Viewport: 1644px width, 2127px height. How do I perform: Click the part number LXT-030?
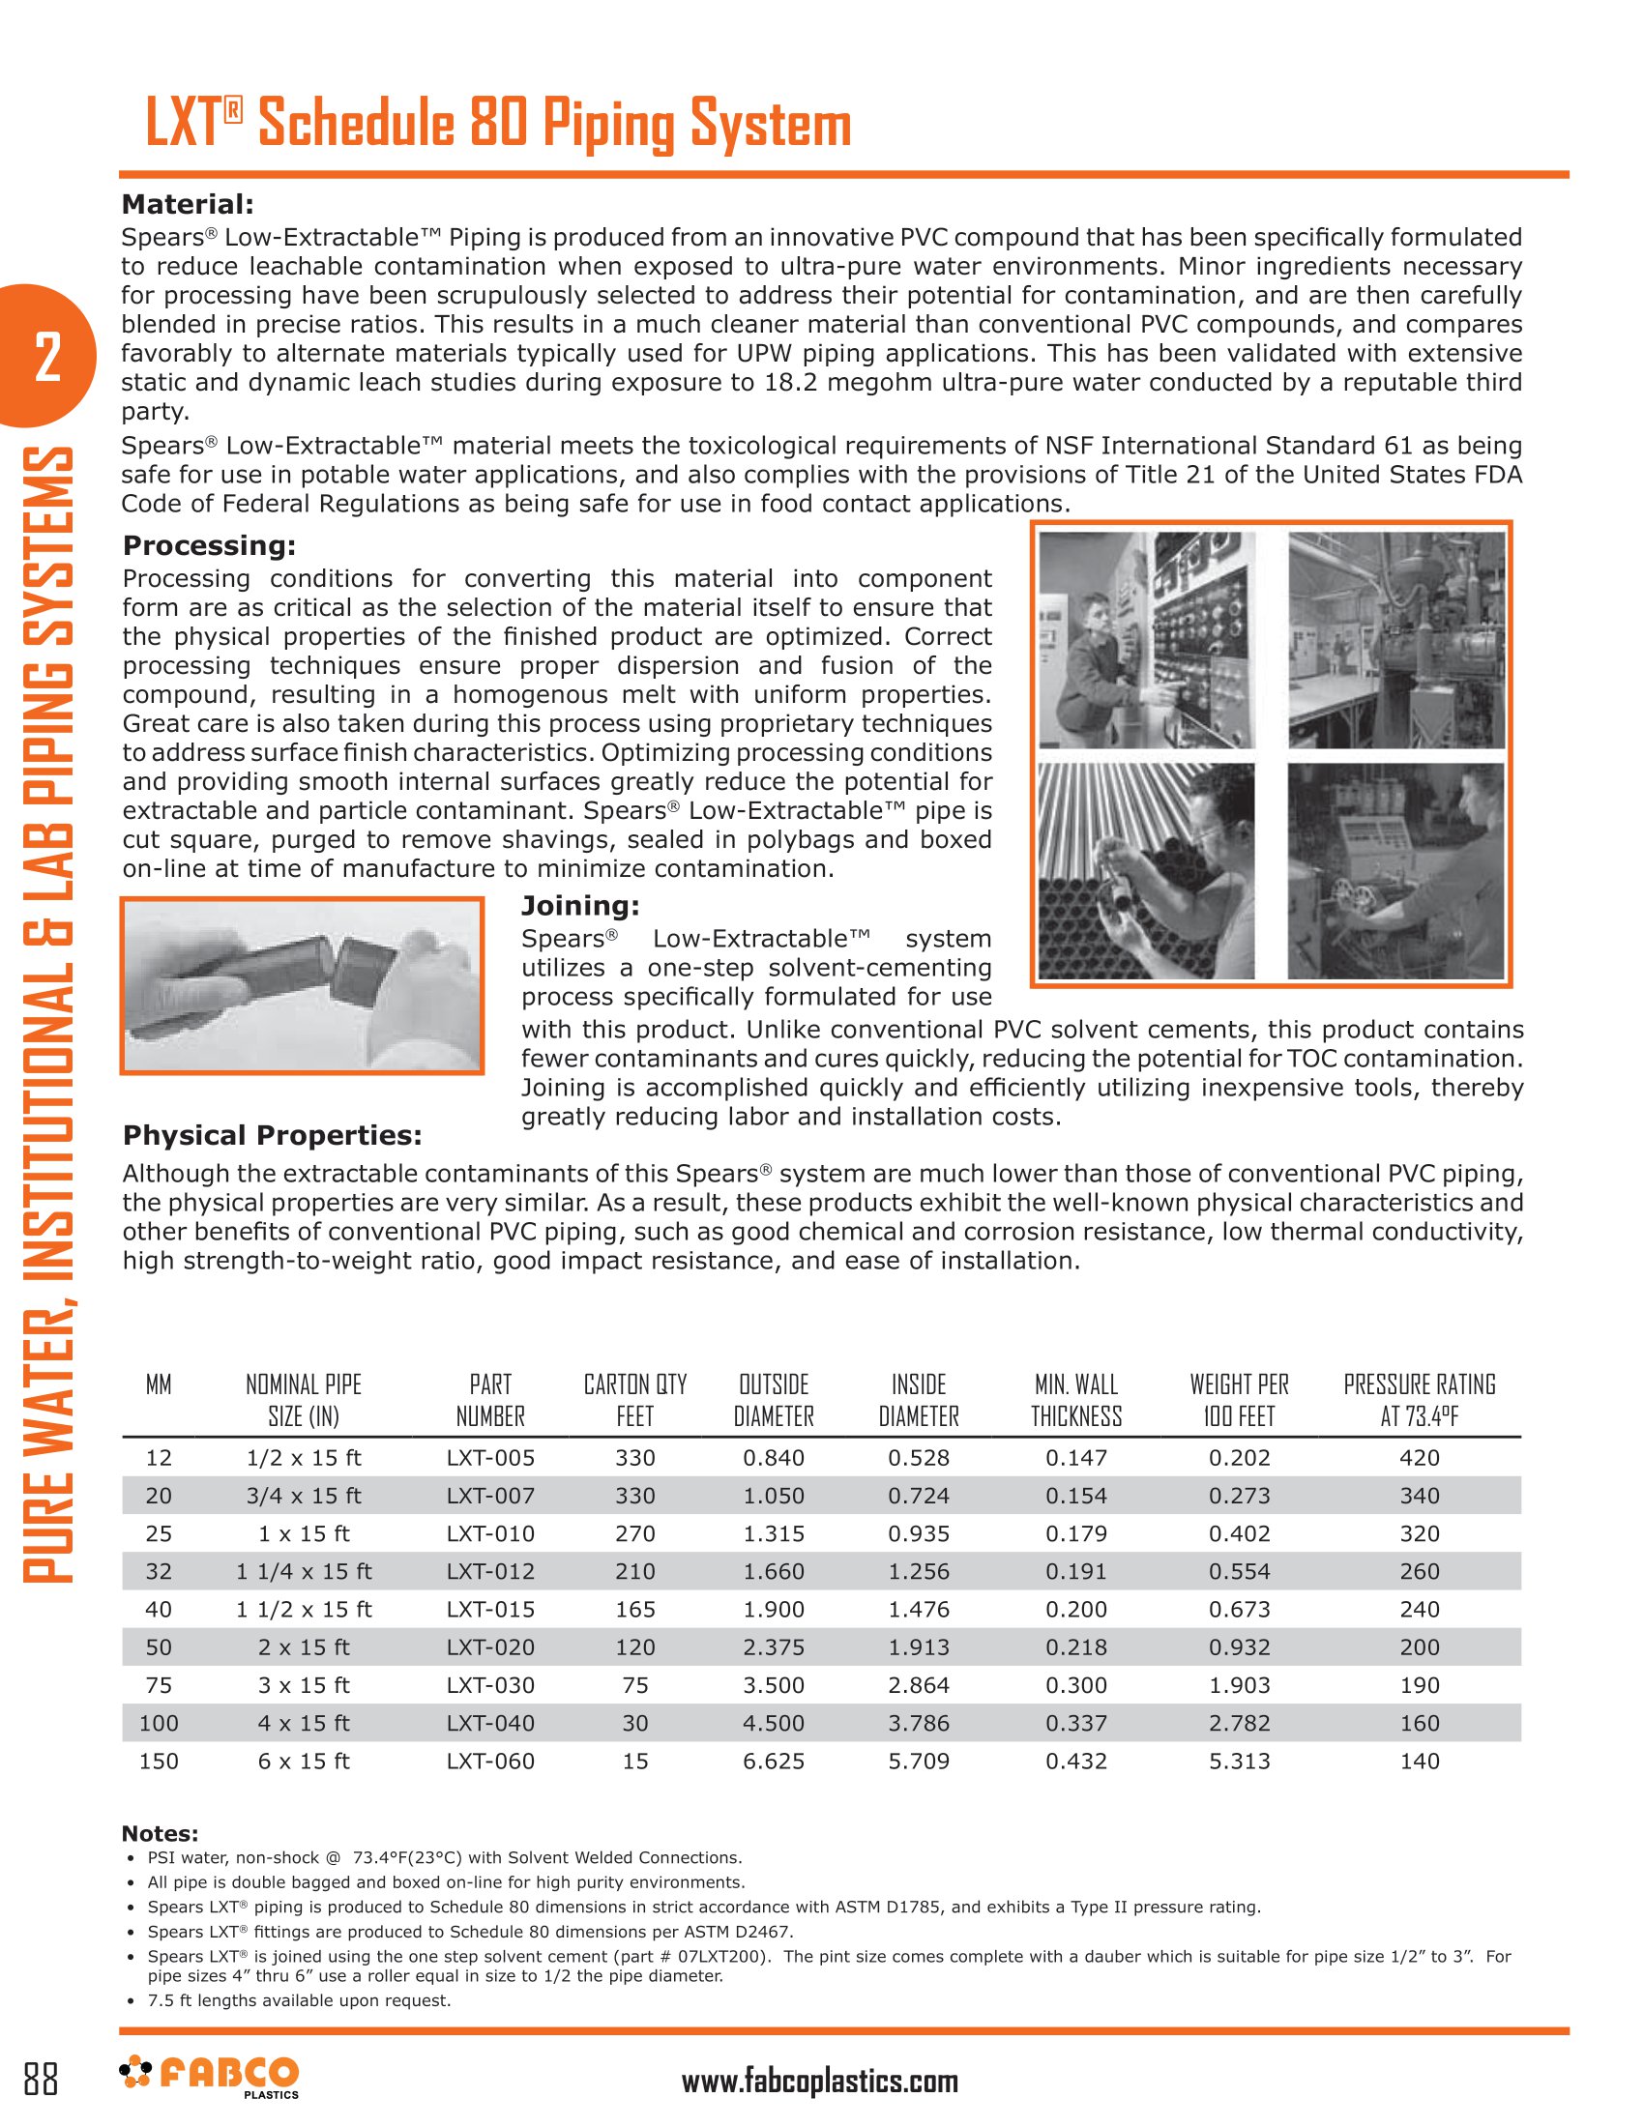(x=490, y=1685)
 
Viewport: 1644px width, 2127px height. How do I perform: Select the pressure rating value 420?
(x=1419, y=1458)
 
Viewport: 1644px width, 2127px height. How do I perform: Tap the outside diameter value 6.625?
(x=774, y=1761)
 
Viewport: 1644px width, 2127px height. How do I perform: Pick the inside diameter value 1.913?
(x=919, y=1646)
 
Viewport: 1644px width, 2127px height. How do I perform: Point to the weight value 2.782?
(x=1239, y=1723)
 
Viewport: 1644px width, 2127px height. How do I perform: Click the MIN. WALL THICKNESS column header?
(x=1076, y=1401)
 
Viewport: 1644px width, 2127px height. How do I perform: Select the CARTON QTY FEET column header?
(x=635, y=1401)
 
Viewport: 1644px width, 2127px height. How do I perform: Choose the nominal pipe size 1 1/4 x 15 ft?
(x=304, y=1571)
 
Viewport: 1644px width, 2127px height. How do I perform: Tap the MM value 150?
(x=159, y=1761)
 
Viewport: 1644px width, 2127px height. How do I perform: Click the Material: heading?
(x=187, y=205)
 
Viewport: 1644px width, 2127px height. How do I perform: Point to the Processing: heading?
(x=209, y=545)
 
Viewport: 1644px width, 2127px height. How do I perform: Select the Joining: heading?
(x=580, y=906)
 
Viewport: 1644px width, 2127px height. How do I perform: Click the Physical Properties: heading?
(x=272, y=1136)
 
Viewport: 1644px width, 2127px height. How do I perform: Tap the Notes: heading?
(x=160, y=1834)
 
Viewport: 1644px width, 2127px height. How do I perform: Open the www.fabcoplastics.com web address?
(x=819, y=2082)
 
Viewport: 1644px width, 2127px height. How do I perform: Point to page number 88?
(x=41, y=2079)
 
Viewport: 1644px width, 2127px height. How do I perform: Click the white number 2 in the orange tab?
(x=46, y=357)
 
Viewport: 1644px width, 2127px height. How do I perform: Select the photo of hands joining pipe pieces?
(x=302, y=985)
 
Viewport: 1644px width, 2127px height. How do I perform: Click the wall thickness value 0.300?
(x=1076, y=1685)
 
